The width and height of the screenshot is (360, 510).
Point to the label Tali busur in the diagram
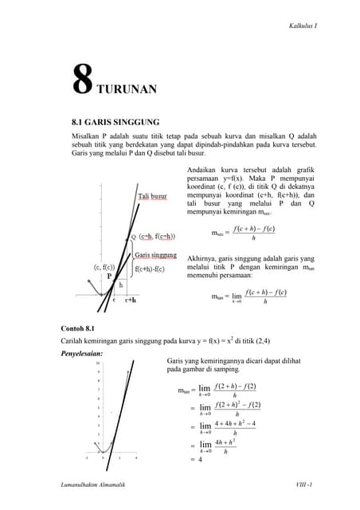point(152,194)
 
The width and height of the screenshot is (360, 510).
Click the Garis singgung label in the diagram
point(155,255)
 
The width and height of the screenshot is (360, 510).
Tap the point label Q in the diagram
point(133,236)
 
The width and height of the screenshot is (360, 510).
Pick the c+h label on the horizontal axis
point(131,300)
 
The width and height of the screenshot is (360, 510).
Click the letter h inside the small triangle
point(121,284)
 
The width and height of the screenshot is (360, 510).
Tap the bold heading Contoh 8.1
point(78,328)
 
